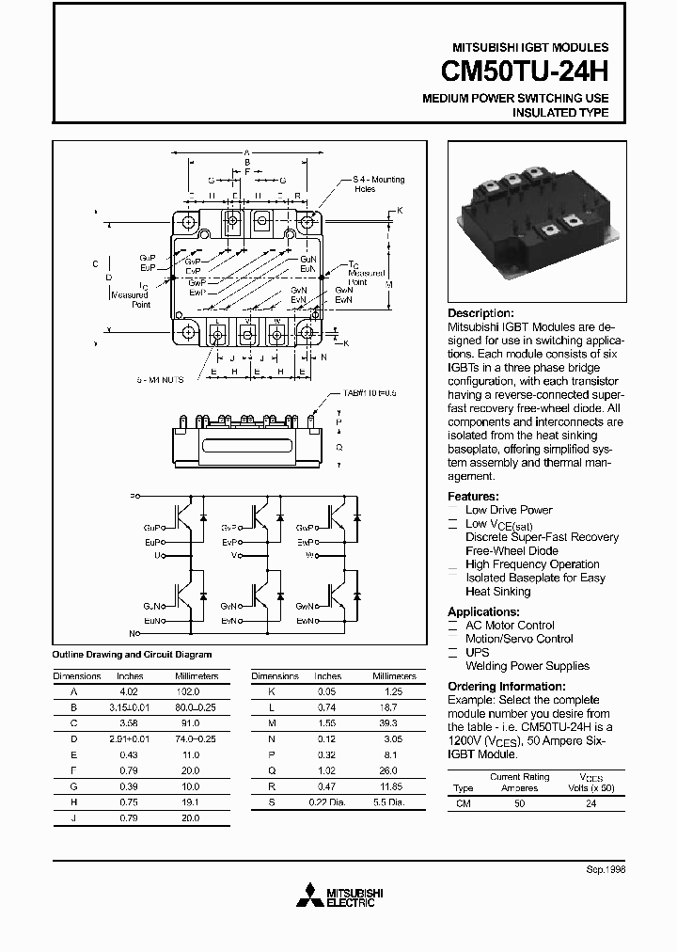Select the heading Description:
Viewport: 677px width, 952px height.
click(480, 313)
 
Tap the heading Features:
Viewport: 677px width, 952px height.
click(473, 496)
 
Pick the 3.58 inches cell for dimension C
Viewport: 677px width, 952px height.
click(129, 723)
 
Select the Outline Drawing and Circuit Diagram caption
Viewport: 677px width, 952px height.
click(132, 655)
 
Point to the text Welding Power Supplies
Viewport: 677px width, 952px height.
click(527, 666)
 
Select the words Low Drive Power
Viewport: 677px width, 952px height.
click(509, 510)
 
